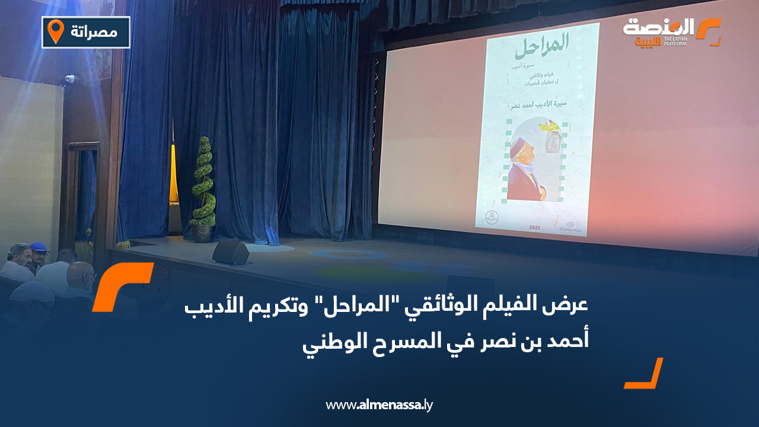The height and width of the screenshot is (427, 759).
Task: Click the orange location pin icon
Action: tap(56, 31)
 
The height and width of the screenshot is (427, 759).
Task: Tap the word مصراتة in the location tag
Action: tap(94, 31)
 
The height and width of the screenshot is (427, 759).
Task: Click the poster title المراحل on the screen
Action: tap(539, 44)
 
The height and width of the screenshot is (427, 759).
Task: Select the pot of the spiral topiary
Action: tap(202, 233)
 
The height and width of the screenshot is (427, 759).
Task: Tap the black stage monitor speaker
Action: tap(231, 253)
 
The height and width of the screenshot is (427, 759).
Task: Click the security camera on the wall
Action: tap(69, 78)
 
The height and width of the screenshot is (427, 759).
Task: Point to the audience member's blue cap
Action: tap(40, 247)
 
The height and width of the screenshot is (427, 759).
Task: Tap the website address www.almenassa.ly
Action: tap(379, 406)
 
